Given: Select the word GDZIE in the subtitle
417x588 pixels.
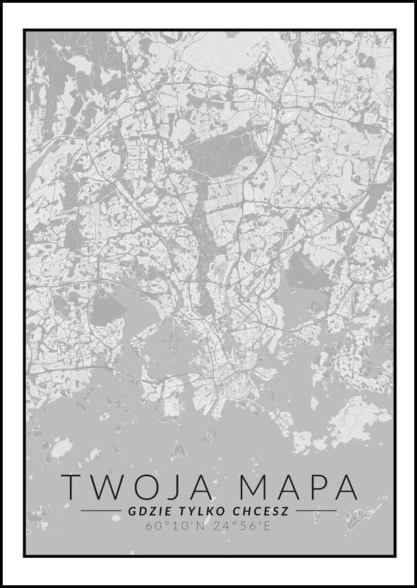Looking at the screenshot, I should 147,510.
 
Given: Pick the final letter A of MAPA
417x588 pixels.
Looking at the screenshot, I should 343,486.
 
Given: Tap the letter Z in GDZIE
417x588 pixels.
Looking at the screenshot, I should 147,510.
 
